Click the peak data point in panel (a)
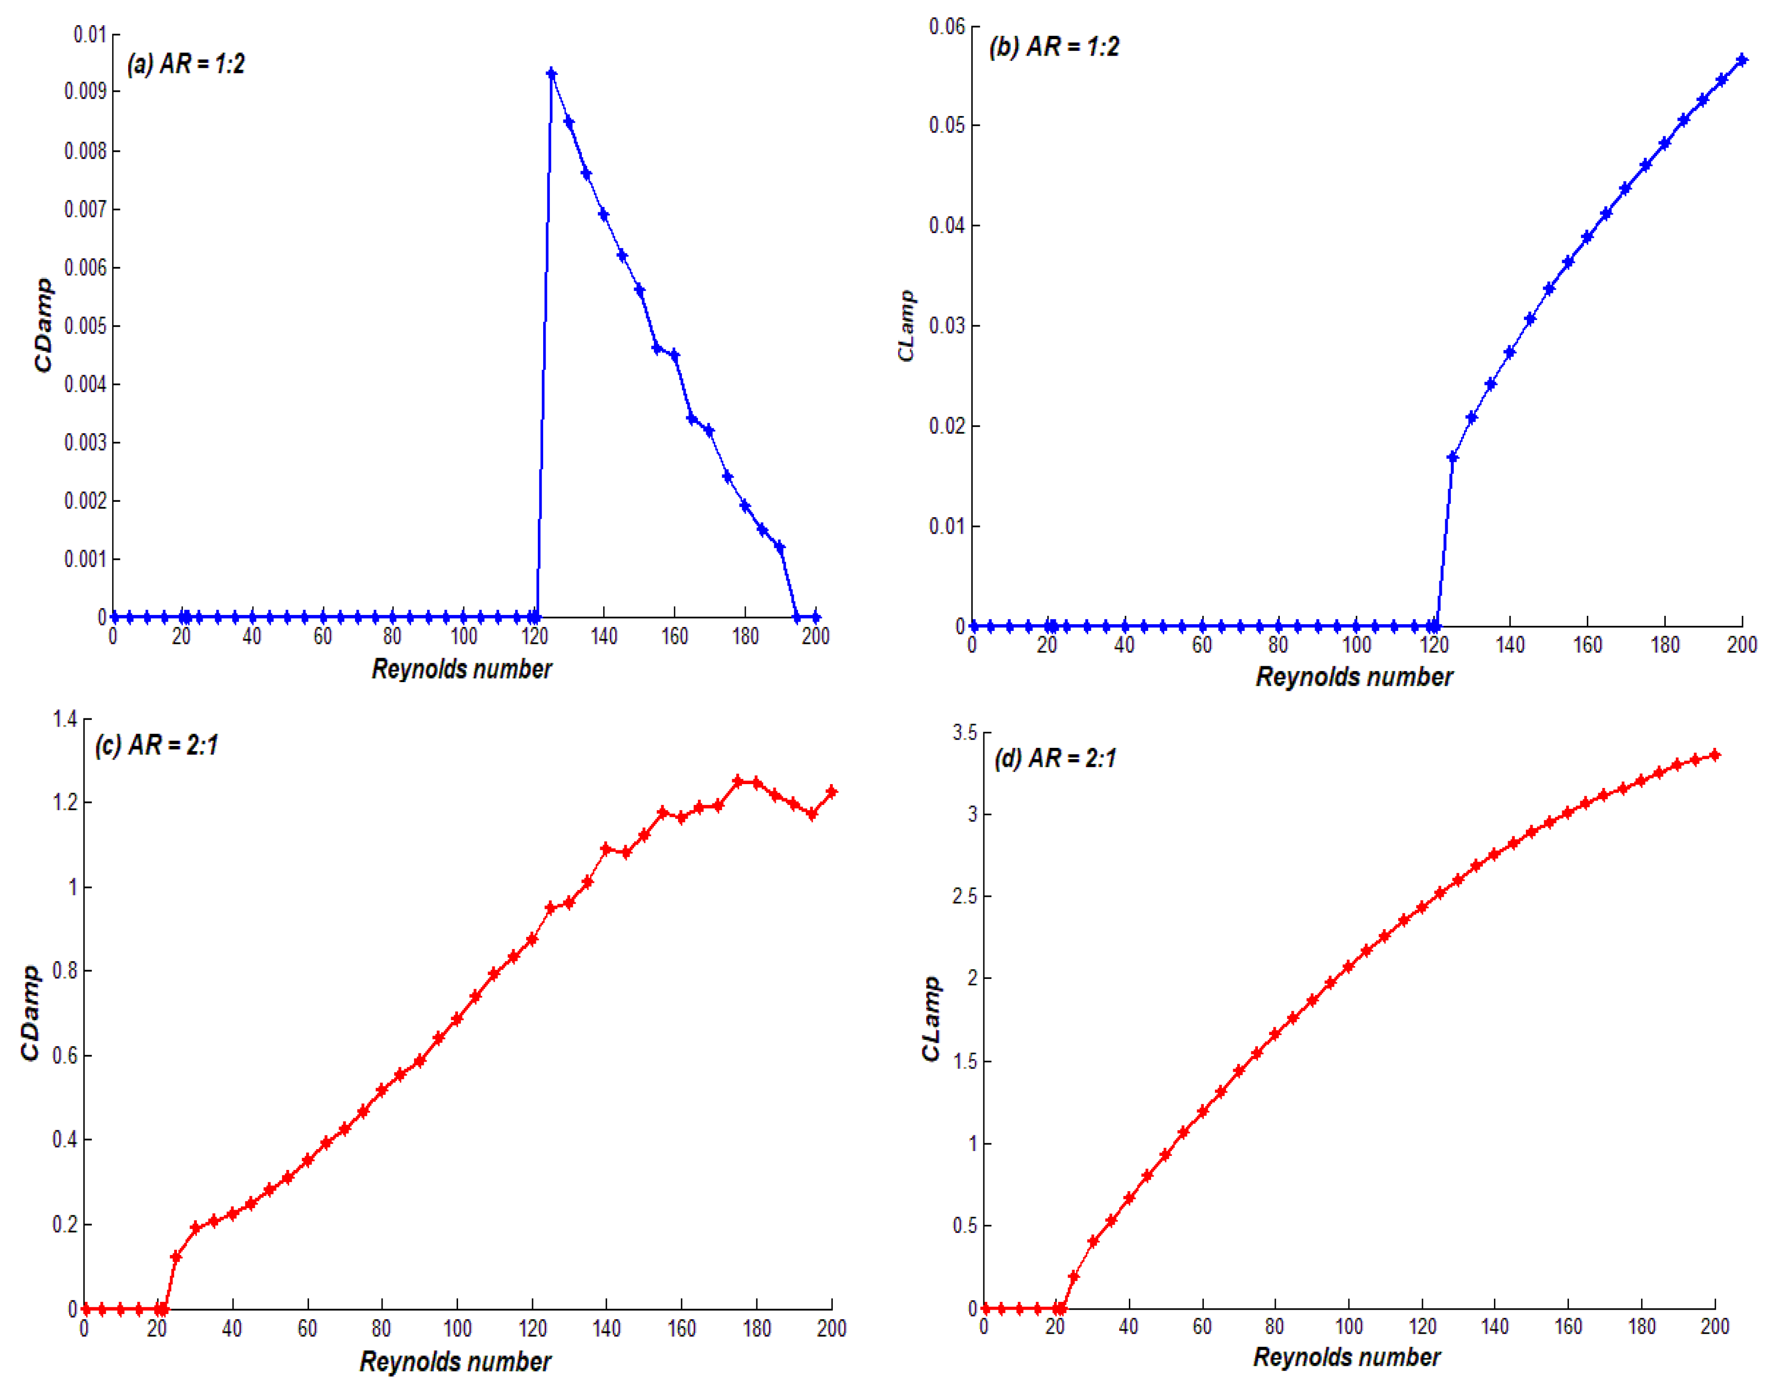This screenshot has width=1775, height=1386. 551,74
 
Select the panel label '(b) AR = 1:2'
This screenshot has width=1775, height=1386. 1053,46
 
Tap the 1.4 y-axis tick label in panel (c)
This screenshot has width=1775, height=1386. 65,718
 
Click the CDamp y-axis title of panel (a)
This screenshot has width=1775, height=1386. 43,325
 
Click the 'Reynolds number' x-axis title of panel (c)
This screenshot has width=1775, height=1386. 455,1361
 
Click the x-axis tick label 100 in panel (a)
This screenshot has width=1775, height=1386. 463,636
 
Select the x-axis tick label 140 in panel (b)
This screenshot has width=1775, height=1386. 1510,645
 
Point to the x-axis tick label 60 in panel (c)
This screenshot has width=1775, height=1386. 307,1328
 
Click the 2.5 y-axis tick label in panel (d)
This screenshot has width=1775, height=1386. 965,896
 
